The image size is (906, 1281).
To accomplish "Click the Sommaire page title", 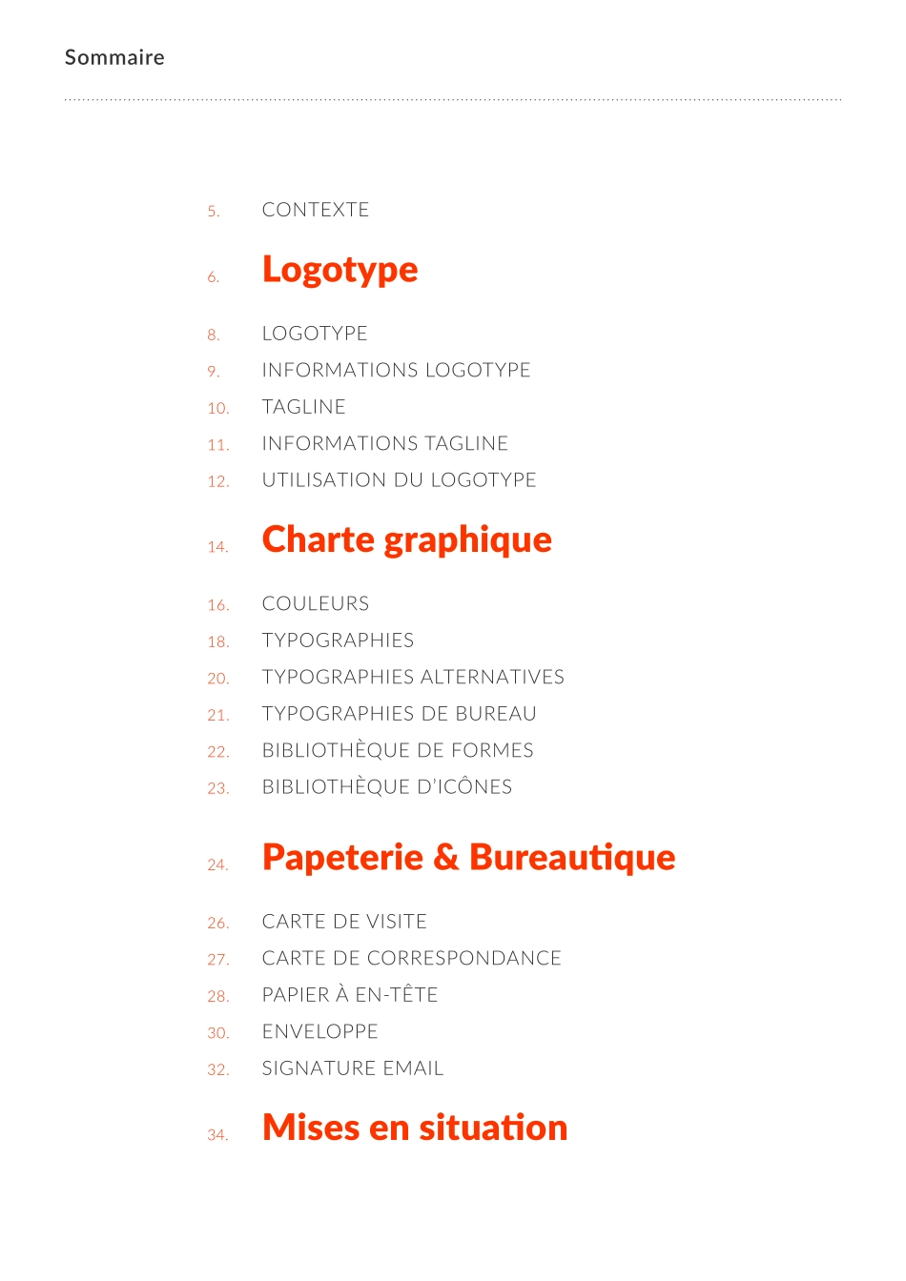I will (x=114, y=57).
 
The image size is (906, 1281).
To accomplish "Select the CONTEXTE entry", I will (x=315, y=210).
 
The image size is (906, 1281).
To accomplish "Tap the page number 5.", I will (x=213, y=212).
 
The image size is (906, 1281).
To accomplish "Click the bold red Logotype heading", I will (x=340, y=270).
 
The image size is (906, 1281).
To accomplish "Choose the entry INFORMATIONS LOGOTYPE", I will (x=396, y=370).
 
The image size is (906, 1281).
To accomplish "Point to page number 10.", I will (x=217, y=408).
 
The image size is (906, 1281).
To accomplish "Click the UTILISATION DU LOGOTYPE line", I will (x=399, y=480).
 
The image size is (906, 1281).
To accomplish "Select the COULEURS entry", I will (x=315, y=603).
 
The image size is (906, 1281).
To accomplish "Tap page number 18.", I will (x=217, y=642).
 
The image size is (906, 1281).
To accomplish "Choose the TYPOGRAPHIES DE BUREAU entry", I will (x=399, y=714).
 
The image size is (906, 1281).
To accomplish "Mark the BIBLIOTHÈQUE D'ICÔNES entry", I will (x=386, y=787).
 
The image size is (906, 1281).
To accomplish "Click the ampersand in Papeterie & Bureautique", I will (x=445, y=858).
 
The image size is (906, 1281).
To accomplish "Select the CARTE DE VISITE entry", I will (x=344, y=922).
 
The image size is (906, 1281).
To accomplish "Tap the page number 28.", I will (x=217, y=996).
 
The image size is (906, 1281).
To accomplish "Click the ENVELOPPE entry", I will (x=319, y=1031).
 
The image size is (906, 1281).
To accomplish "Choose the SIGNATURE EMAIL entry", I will (x=353, y=1068).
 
